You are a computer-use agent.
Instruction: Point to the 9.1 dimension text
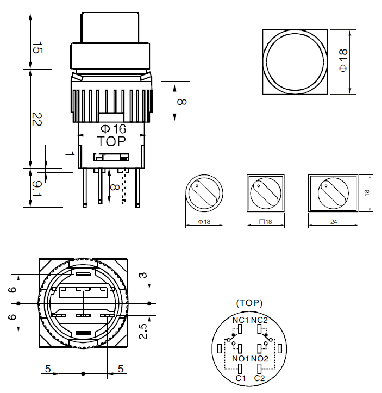coord(36,189)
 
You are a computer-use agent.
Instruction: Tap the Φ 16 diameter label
coord(113,129)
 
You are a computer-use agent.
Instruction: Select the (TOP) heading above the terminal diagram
coord(249,303)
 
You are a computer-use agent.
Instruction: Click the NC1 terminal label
coord(241,320)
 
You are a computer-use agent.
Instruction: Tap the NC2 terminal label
coord(259,320)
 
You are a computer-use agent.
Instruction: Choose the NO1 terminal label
coord(241,359)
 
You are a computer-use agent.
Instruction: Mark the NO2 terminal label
coord(260,359)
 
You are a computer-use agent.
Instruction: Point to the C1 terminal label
coord(241,378)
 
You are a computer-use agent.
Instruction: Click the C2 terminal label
coord(259,378)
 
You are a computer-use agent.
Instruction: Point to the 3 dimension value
coord(142,276)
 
